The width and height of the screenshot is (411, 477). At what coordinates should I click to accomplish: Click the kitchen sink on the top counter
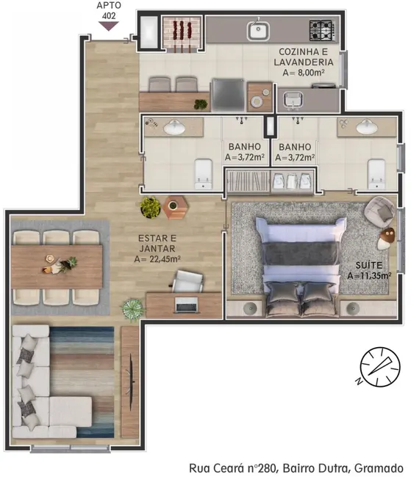257,32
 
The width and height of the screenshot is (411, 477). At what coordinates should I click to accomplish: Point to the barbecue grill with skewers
182,32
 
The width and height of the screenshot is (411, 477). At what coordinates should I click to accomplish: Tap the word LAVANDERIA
307,62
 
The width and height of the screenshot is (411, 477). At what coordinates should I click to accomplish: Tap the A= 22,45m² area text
157,259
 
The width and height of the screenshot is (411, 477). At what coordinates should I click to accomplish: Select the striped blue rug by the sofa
82,382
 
